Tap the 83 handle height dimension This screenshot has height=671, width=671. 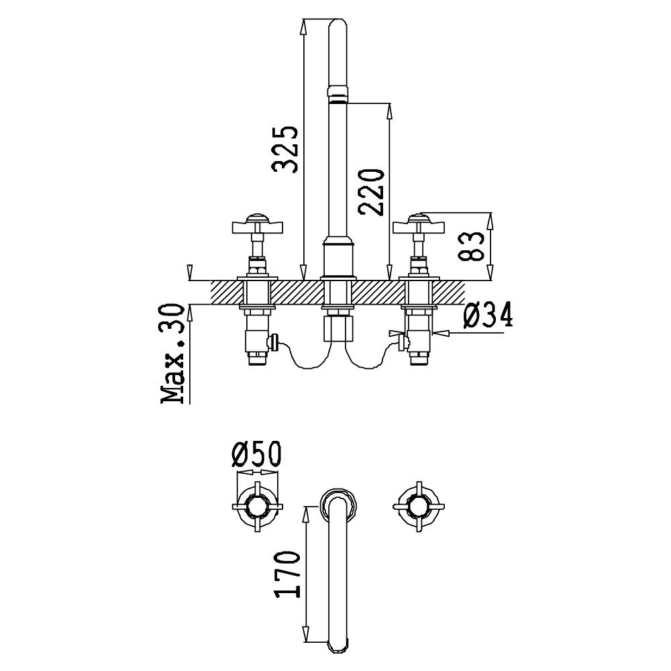coord(471,246)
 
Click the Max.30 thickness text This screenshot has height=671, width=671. coord(172,354)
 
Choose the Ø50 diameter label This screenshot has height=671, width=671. coord(256,454)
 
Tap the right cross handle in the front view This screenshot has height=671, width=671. coord(419,225)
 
